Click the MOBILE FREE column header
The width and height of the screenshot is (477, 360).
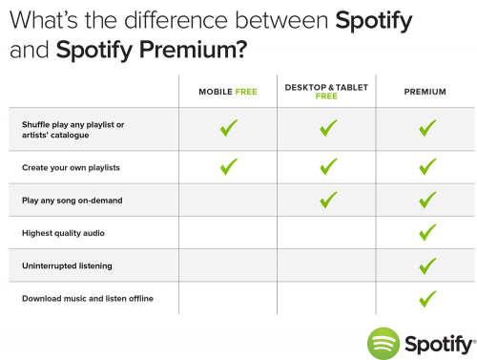(228, 92)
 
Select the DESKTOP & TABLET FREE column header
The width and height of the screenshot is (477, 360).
(328, 92)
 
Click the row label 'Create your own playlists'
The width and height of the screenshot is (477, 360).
(64, 167)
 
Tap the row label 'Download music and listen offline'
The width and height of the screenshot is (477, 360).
(87, 299)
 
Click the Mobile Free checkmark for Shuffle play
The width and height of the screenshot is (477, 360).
(228, 127)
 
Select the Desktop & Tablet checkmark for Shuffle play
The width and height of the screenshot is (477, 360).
(328, 127)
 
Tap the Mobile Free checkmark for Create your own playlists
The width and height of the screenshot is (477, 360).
(228, 166)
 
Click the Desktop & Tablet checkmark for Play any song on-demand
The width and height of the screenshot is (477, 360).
(328, 200)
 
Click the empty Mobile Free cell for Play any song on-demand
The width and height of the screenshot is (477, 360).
(228, 200)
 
